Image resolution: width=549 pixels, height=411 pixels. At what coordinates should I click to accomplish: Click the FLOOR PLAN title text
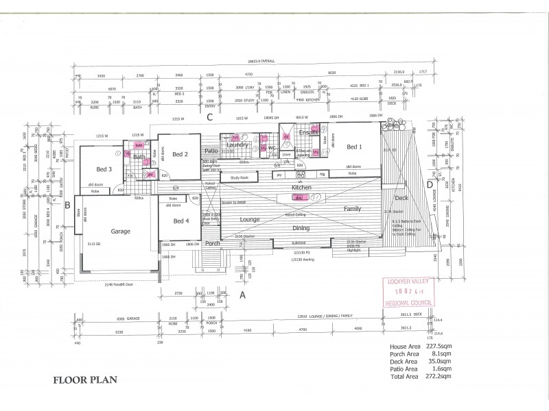[84, 378]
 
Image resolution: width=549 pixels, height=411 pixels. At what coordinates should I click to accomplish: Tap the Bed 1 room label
[355, 147]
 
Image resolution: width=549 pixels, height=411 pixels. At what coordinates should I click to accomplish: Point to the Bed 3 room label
[104, 169]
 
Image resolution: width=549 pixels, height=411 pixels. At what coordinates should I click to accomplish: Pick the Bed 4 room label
[180, 221]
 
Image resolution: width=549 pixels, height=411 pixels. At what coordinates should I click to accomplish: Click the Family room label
[353, 208]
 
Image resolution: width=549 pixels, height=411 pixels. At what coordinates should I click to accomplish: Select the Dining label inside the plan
[301, 227]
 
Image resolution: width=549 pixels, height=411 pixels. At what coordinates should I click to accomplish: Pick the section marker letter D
[430, 184]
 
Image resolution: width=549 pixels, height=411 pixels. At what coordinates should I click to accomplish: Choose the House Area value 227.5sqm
[438, 347]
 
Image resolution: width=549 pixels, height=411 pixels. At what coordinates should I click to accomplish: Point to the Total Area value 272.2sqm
[438, 376]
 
